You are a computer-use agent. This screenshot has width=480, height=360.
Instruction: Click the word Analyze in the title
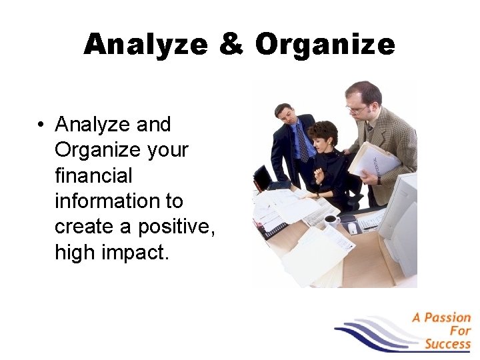(144, 45)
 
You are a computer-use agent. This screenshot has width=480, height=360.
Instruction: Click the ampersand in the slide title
(230, 45)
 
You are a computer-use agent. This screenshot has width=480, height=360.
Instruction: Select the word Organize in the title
(325, 45)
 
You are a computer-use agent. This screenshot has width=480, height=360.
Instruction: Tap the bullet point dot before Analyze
(41, 125)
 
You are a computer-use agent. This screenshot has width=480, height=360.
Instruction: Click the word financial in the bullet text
(93, 175)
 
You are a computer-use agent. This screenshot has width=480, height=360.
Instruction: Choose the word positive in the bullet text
(175, 227)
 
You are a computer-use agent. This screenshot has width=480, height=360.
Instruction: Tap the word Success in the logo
(447, 344)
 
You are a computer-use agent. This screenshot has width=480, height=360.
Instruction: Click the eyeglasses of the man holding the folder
(358, 108)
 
